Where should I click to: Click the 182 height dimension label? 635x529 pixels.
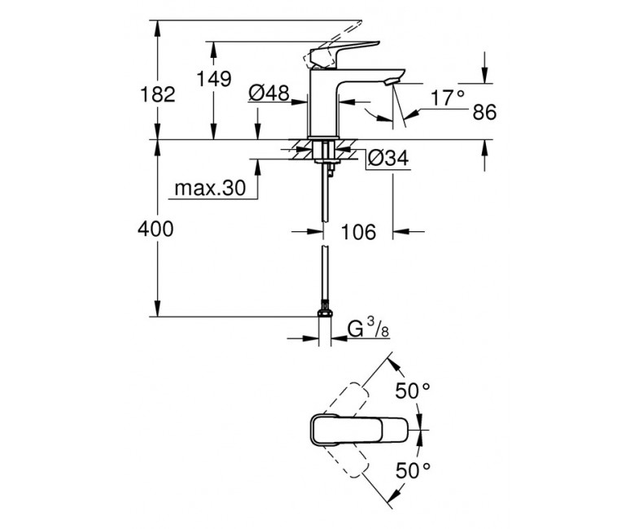click(x=158, y=94)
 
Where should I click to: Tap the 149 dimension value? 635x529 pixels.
click(x=214, y=79)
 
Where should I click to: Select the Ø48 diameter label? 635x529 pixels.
click(x=269, y=93)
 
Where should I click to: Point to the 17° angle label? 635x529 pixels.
click(x=447, y=98)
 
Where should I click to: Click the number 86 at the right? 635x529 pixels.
click(x=484, y=112)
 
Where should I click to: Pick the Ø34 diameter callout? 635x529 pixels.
click(x=388, y=158)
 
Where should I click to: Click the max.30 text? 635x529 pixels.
click(x=210, y=188)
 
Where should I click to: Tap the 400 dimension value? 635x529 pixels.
click(x=155, y=229)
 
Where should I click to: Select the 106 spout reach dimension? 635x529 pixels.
click(x=358, y=232)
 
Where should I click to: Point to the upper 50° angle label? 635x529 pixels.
click(x=413, y=391)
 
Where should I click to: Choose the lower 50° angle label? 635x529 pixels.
click(x=413, y=470)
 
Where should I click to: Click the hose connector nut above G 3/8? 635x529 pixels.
click(x=325, y=312)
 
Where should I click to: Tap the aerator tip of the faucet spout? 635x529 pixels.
click(x=390, y=82)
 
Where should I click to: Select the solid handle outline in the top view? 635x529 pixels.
click(x=358, y=430)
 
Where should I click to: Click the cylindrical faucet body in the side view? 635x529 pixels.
click(x=323, y=103)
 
